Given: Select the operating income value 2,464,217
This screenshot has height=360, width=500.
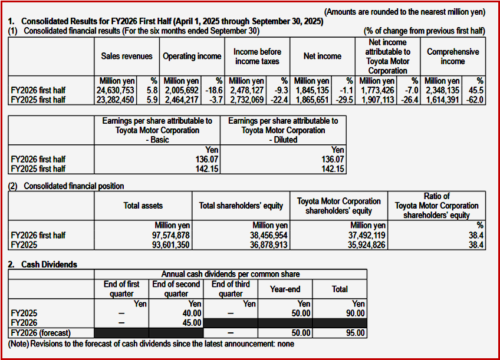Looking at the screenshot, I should pyautogui.click(x=182, y=100).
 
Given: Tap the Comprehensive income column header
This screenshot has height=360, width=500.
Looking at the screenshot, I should pyautogui.click(x=453, y=57).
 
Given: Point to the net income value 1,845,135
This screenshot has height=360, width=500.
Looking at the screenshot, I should pyautogui.click(x=312, y=90).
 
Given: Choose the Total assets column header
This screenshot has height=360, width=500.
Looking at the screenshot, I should pyautogui.click(x=143, y=206).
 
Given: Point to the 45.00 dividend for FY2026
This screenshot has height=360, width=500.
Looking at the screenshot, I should pyautogui.click(x=192, y=323).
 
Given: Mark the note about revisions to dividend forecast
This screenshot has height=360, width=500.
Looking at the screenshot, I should pyautogui.click(x=151, y=344).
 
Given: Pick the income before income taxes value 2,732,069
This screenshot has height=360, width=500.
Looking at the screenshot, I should pyautogui.click(x=248, y=100).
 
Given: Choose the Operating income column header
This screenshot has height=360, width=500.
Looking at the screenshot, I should pyautogui.click(x=192, y=57).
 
